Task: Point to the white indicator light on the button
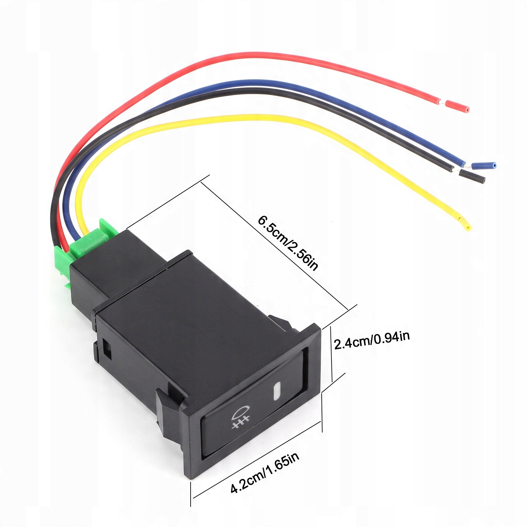pos(277,391)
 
